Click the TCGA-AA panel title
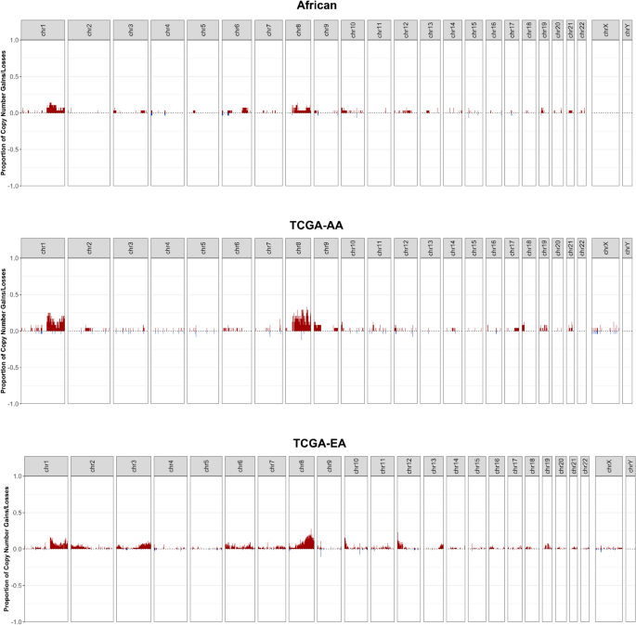tap(318, 225)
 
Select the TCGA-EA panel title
tap(318, 443)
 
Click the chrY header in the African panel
tap(628, 31)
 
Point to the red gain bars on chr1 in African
tap(53, 109)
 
